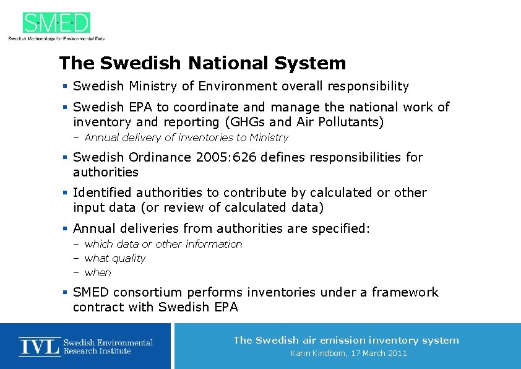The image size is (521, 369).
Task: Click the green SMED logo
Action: (56, 23)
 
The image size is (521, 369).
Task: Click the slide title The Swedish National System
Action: (202, 63)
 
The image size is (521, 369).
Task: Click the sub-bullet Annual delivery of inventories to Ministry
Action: (186, 137)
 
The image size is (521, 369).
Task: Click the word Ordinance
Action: (161, 157)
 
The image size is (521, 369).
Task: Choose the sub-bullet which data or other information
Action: (163, 244)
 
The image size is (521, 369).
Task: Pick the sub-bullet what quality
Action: (115, 258)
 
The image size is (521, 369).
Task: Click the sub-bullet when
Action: (98, 272)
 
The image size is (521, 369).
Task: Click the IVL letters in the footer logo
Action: (40, 346)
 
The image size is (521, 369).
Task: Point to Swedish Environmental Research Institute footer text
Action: (108, 347)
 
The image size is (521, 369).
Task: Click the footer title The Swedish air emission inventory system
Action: (346, 340)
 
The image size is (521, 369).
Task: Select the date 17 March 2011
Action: (379, 354)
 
